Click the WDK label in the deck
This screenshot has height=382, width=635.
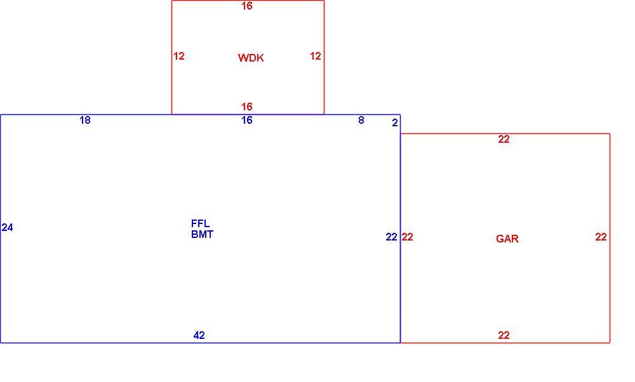click(x=251, y=58)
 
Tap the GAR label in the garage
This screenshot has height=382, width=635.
click(x=507, y=239)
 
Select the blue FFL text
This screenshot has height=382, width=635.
click(x=200, y=223)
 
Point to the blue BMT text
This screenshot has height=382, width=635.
click(x=202, y=234)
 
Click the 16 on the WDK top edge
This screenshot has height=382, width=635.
click(x=246, y=6)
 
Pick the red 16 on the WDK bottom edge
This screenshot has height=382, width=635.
click(x=246, y=107)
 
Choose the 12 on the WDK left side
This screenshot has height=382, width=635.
click(x=178, y=56)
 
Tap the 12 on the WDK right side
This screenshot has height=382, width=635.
click(x=316, y=56)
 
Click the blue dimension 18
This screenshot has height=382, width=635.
click(x=84, y=120)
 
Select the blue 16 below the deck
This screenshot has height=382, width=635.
click(x=246, y=120)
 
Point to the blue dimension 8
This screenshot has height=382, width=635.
click(x=361, y=120)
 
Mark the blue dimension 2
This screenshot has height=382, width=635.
click(x=395, y=122)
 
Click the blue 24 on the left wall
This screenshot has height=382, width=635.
click(x=7, y=228)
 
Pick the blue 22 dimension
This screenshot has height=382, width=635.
click(x=391, y=237)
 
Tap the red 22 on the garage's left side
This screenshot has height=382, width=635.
click(x=408, y=237)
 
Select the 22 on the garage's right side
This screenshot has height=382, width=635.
click(x=601, y=237)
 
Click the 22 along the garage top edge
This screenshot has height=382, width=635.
click(x=504, y=140)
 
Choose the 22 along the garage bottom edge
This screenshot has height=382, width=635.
click(x=504, y=336)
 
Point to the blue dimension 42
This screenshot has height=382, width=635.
click(x=199, y=336)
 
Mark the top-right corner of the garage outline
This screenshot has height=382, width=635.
click(x=610, y=133)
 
